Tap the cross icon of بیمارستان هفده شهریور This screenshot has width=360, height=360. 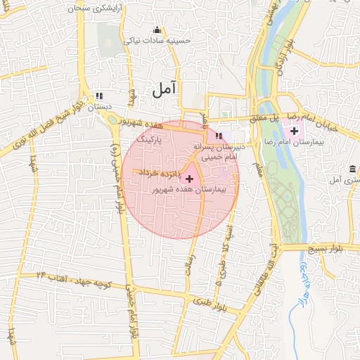pos(189,179)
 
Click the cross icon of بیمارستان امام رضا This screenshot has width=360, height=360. pos(294,131)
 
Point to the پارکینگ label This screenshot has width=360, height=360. pos(149,141)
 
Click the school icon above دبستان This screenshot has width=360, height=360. pos(99,95)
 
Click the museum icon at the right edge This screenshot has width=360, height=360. pos(352,169)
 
